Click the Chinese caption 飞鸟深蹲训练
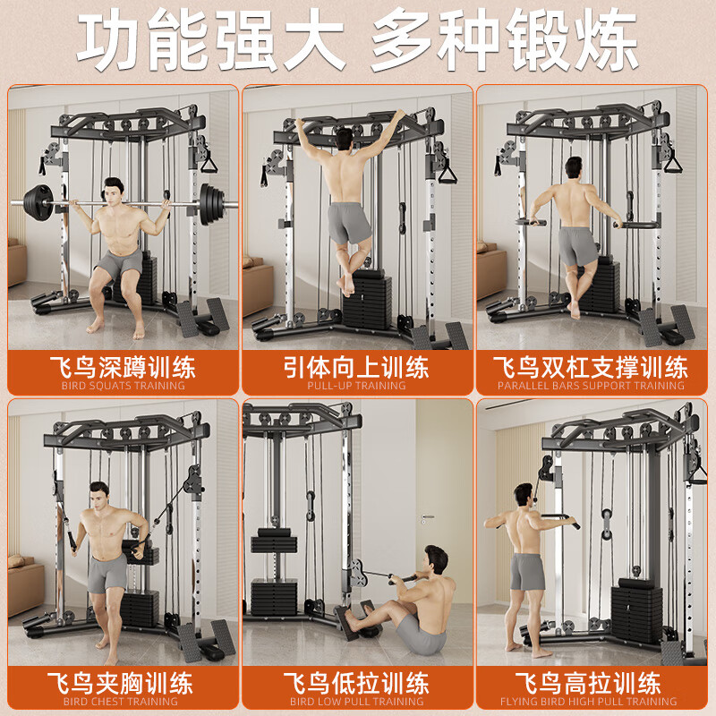[124, 367]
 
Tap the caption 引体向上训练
[357, 367]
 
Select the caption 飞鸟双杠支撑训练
[591, 367]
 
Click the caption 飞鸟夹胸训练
[124, 684]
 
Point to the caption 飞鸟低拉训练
[357, 684]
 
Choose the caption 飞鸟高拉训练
[591, 684]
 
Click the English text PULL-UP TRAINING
[357, 386]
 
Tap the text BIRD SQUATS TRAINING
[124, 386]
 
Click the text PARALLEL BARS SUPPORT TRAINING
[591, 386]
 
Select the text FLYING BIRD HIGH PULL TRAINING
[591, 702]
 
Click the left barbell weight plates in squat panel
[41, 198]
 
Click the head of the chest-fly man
[98, 494]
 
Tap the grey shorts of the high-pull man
[527, 571]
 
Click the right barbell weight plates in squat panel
[210, 198]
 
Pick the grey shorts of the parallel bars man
[577, 244]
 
